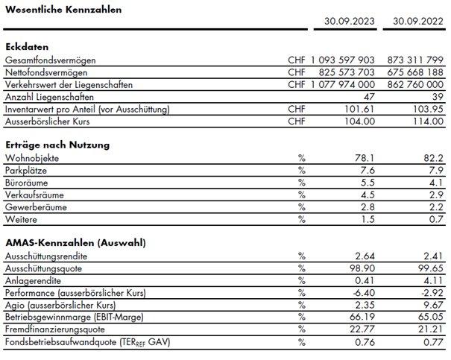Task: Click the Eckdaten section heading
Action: pyautogui.click(x=27, y=46)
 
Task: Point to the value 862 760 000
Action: pyautogui.click(x=415, y=85)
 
